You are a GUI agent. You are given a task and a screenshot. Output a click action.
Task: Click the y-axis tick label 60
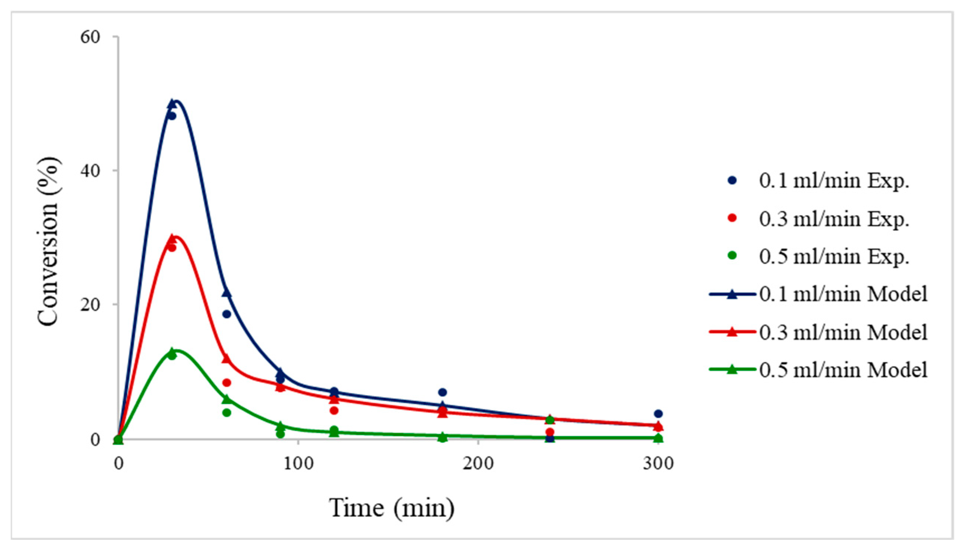[x=90, y=37]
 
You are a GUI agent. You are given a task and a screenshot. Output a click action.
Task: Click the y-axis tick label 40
[x=90, y=171]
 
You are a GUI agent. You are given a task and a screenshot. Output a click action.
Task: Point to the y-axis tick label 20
[x=90, y=305]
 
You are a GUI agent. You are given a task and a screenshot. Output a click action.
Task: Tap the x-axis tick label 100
[x=298, y=463]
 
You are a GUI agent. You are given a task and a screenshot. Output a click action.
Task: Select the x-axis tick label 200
[x=478, y=463]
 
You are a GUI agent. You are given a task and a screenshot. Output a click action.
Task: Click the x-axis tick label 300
[x=658, y=463]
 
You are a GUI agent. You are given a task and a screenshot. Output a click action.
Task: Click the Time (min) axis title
[x=392, y=508]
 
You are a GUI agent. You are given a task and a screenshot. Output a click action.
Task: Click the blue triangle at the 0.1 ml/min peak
[x=172, y=103]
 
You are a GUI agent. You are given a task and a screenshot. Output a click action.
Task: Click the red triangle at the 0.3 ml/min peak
[x=172, y=239]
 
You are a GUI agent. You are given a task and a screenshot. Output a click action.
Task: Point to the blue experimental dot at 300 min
[x=658, y=413]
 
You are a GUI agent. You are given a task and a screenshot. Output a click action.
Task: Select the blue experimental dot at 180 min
[x=442, y=392]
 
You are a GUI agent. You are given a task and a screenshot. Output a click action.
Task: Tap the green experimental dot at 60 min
[x=227, y=412]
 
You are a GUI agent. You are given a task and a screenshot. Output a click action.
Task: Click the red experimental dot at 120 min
[x=334, y=410]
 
